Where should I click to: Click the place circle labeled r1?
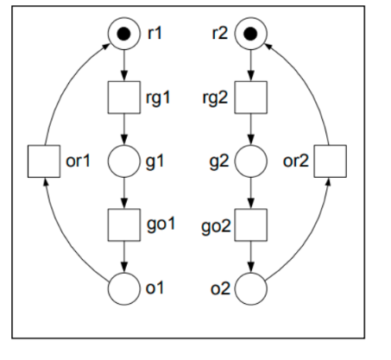click(x=123, y=35)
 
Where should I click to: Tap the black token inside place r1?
click(x=123, y=35)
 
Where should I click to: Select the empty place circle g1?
click(x=123, y=161)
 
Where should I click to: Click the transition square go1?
click(x=123, y=224)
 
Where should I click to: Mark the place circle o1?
click(x=123, y=287)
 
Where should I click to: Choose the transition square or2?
click(x=330, y=161)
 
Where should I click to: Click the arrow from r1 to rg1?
click(x=123, y=67)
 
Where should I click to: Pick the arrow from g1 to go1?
click(x=123, y=193)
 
